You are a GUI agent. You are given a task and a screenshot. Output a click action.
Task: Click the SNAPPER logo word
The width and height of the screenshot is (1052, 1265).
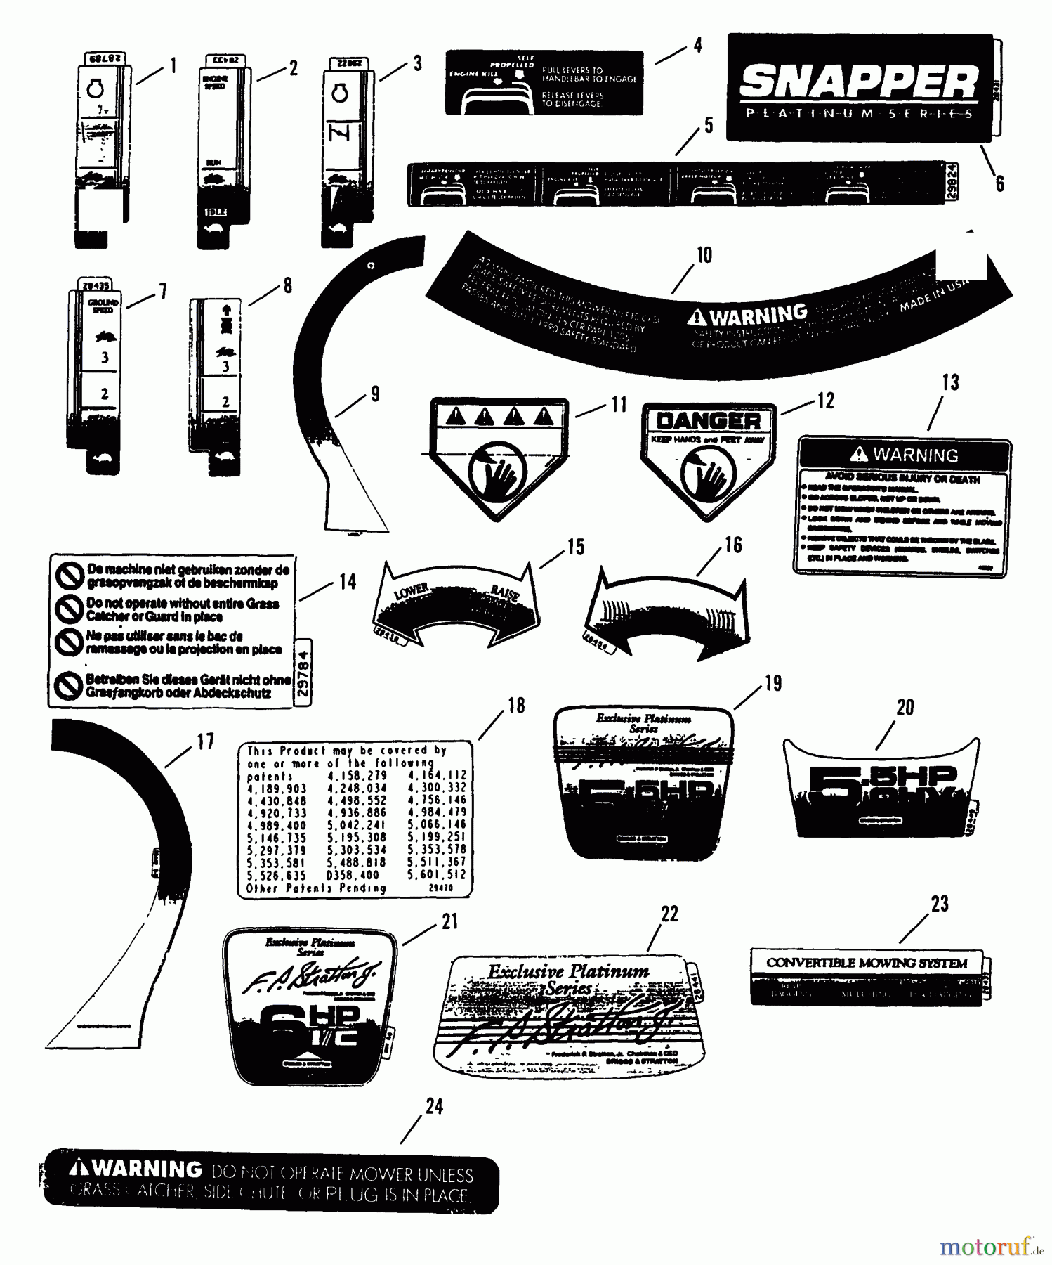[x=858, y=83]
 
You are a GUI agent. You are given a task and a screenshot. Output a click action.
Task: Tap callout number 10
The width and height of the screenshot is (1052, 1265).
[x=704, y=255]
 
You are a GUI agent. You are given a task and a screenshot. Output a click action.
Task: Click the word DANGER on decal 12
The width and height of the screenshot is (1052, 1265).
[x=708, y=421]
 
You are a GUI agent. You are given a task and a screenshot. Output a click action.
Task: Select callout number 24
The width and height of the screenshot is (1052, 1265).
[x=435, y=1106]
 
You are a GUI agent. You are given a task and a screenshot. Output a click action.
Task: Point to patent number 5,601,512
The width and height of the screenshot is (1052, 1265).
[x=437, y=875]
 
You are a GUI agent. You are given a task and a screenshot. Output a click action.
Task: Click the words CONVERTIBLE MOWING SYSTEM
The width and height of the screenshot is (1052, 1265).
[x=867, y=963]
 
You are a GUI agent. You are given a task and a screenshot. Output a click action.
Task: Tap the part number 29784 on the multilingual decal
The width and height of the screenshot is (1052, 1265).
[x=303, y=672]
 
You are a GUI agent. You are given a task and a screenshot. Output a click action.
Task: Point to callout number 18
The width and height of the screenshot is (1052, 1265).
[x=516, y=706]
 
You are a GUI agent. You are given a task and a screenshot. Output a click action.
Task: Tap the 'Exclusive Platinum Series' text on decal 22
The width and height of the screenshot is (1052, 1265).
[x=569, y=978]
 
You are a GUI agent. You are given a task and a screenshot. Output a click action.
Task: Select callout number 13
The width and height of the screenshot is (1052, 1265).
[x=949, y=383]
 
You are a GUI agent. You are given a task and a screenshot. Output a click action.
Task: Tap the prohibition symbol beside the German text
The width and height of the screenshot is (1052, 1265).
[x=68, y=687]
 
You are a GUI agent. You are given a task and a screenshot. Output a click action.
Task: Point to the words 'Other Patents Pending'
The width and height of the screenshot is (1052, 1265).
[x=316, y=888]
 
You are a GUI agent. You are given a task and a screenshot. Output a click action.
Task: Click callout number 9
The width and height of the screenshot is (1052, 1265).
[x=375, y=394]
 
